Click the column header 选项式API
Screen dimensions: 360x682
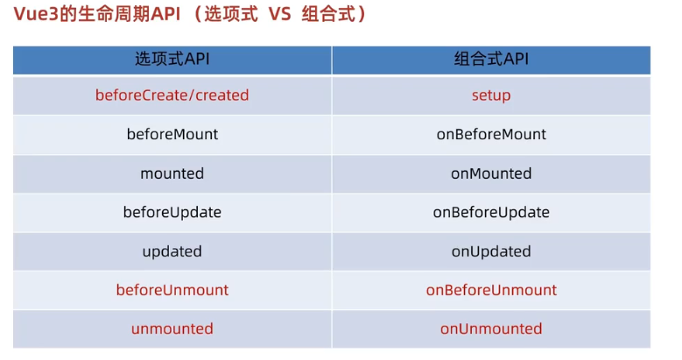[x=172, y=60]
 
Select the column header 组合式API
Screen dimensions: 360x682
[x=491, y=60]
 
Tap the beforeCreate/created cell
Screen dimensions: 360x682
[x=172, y=95]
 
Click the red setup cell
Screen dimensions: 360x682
[x=491, y=95]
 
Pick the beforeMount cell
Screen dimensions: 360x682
[x=172, y=134]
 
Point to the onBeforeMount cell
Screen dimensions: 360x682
[x=491, y=134]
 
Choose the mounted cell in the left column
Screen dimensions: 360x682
[x=172, y=173]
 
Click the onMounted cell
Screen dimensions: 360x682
[x=491, y=173]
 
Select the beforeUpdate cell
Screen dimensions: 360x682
[x=172, y=212]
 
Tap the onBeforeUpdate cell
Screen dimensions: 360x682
[x=491, y=212]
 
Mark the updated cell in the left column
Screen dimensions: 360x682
[x=172, y=251]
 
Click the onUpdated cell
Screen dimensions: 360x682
[x=491, y=251]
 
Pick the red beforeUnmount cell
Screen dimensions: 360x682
[x=172, y=290]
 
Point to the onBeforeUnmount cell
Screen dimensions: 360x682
[x=491, y=290]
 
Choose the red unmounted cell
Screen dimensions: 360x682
[x=172, y=329]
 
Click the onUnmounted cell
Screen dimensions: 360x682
[x=491, y=329]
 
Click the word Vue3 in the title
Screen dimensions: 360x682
[x=32, y=15]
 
